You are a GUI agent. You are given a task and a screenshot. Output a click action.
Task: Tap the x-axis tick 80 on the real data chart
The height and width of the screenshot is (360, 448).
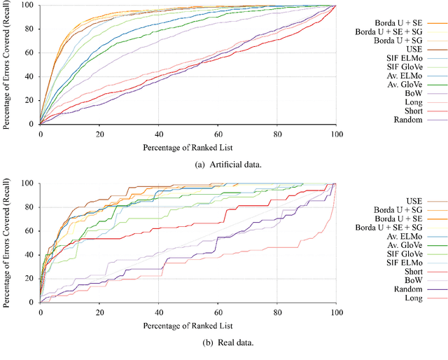pos(277,312)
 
